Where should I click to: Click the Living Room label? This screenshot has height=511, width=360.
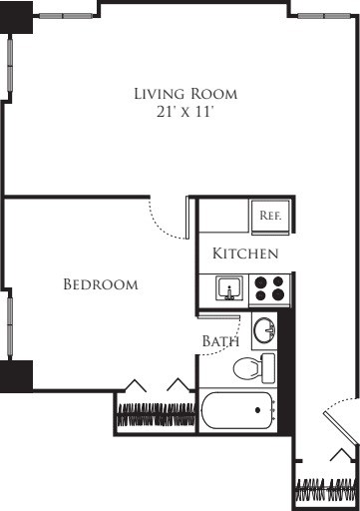[186, 94]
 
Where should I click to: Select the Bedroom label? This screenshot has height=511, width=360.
[100, 284]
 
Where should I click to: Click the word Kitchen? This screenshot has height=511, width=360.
[245, 255]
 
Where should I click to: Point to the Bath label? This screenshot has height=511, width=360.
[220, 341]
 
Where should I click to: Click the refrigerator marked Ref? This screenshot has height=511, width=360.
[270, 216]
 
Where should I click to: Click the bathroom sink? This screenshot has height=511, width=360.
[263, 329]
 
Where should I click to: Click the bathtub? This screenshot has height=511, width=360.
[237, 410]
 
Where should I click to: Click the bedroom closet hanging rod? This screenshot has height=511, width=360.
[155, 412]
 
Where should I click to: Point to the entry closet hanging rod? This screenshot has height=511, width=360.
[325, 492]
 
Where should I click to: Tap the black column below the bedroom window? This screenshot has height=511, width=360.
[16, 376]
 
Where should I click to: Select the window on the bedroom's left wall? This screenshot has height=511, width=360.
[9, 325]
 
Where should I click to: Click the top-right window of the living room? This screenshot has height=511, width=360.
[324, 16]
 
